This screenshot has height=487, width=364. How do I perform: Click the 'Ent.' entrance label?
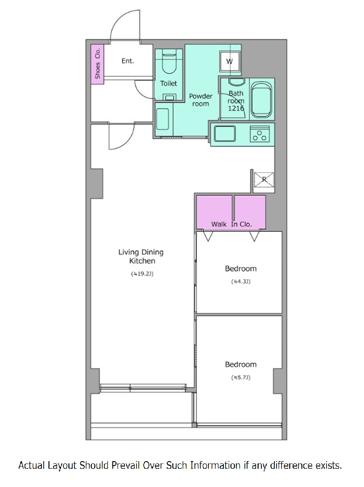click(128, 61)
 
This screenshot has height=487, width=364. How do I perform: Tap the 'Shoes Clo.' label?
click(98, 63)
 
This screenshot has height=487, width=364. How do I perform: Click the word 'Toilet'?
click(168, 83)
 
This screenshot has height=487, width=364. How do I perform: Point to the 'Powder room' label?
click(201, 100)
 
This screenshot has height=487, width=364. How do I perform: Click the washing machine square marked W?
click(230, 61)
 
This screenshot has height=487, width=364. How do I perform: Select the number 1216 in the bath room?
click(236, 108)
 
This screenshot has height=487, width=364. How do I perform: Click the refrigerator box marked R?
click(264, 180)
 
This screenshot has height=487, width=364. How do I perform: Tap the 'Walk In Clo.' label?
click(232, 224)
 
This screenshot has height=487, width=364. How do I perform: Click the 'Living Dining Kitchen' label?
click(141, 256)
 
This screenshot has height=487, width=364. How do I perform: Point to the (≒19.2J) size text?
click(142, 274)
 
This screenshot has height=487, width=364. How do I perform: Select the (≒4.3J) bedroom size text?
click(241, 282)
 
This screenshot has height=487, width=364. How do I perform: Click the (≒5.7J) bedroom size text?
click(241, 378)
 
